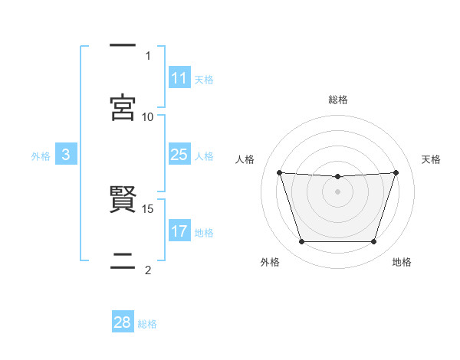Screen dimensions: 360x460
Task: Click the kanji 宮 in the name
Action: point(123,108)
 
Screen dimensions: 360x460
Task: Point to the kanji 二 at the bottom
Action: point(123,263)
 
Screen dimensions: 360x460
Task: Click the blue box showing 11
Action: point(179,78)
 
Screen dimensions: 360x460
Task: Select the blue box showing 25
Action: point(179,155)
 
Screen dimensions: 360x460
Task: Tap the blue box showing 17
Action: point(179,231)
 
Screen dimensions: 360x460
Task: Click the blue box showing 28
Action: point(123,322)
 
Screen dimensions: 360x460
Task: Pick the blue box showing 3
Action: point(66,155)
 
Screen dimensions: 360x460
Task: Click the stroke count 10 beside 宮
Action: point(148,116)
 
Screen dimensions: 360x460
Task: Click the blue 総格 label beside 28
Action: point(147,324)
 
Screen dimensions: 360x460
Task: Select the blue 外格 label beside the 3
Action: point(41,156)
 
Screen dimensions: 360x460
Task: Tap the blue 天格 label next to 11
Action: point(204,80)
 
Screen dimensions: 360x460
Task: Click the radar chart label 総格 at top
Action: point(338,100)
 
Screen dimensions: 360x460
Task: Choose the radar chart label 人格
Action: point(245,159)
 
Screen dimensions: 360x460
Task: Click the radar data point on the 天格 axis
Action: point(396,172)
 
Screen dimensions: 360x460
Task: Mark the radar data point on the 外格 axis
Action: point(301,242)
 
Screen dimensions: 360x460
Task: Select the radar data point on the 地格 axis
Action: point(374,242)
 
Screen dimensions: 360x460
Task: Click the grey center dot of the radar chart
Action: point(337,191)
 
